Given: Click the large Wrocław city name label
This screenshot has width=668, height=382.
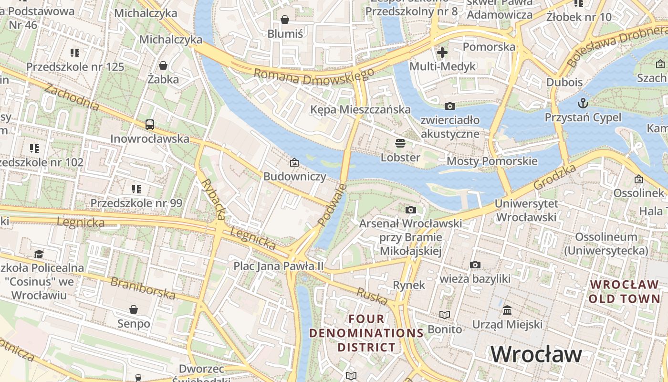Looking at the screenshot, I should (x=536, y=354).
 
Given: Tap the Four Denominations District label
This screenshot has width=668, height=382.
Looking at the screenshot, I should (x=366, y=333).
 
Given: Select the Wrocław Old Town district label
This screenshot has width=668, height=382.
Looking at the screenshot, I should (x=624, y=291).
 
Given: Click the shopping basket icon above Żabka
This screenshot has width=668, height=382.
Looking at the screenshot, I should (x=163, y=65).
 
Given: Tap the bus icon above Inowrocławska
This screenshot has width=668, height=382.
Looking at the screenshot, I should (x=150, y=125).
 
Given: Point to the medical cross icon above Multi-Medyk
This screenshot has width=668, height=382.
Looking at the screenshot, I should (x=442, y=52).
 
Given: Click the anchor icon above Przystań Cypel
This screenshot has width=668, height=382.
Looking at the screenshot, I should (x=583, y=103).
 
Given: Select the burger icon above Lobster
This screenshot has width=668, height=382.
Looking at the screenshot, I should (x=400, y=143).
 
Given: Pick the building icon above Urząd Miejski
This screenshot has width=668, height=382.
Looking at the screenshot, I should (x=507, y=310).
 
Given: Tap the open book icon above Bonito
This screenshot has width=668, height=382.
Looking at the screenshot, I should (x=445, y=315).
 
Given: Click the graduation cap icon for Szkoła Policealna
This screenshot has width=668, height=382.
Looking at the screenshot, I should (x=39, y=254).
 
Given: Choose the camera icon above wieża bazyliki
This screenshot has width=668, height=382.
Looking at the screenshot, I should (x=475, y=265).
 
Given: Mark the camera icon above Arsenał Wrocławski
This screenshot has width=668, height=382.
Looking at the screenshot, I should (x=410, y=210).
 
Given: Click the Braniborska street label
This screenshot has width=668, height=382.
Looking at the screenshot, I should (x=143, y=287).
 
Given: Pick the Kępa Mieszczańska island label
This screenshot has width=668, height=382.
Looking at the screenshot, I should (x=360, y=109).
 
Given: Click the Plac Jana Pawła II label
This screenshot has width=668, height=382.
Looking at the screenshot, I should (x=279, y=265).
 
